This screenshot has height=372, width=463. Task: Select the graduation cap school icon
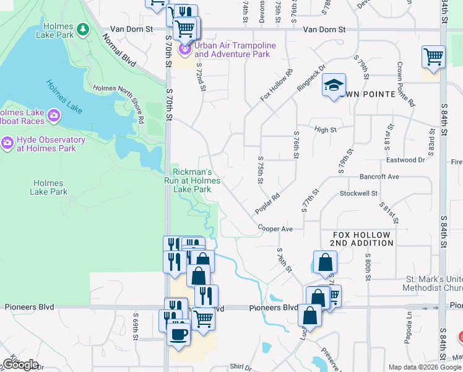click(334, 86)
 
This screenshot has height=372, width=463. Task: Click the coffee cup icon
click(179, 334)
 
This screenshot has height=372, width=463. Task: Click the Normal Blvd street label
click(119, 50)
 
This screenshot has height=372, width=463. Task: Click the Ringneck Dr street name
click(311, 79)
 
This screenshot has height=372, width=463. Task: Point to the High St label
click(324, 130)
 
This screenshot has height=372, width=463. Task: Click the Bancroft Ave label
click(379, 177)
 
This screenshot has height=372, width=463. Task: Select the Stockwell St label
click(358, 193)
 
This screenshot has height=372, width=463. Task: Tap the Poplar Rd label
click(268, 203)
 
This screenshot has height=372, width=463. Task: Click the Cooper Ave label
click(275, 229)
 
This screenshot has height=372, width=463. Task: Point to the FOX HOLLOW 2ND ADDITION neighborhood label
click(361, 239)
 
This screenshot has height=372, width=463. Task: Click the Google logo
click(20, 365)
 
